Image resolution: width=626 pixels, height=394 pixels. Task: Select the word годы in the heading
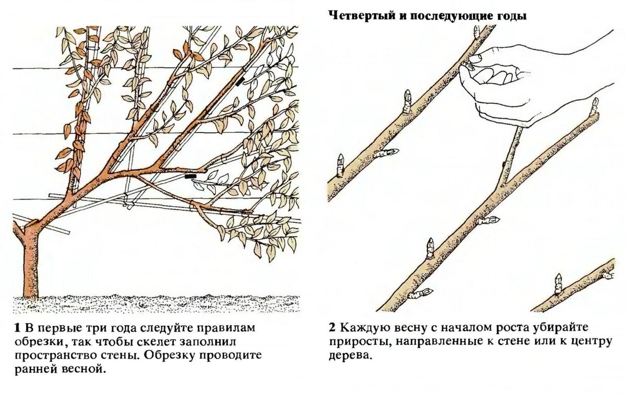click(x=512, y=16)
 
